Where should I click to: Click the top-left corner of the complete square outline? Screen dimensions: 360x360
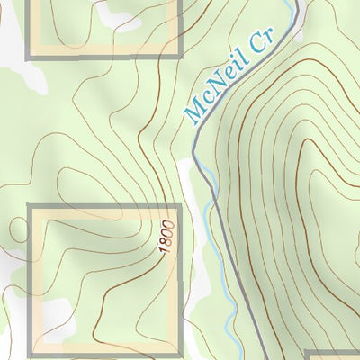31,207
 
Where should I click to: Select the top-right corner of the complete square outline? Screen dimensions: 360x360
179,207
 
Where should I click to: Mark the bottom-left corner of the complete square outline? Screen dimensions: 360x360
31,353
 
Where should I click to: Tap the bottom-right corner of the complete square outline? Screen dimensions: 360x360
179,353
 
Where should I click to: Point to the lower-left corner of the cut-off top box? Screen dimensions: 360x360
28,56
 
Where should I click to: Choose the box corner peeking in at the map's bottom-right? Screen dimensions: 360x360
308,353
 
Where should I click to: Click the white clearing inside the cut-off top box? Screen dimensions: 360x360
117,13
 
